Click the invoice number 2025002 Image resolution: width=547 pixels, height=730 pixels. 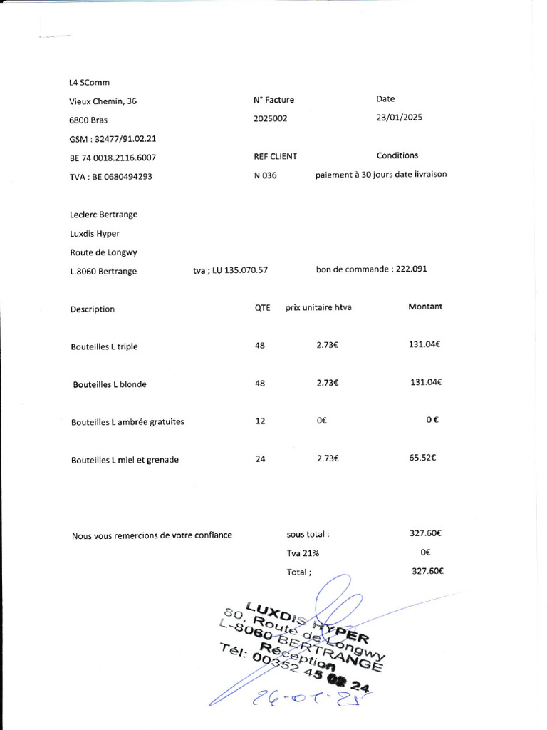(x=271, y=119)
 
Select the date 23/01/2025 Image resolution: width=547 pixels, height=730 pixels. (x=399, y=118)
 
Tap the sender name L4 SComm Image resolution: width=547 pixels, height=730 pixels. (x=90, y=83)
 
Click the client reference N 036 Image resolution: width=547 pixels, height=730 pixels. (x=265, y=176)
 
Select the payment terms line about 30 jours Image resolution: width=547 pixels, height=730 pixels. (x=381, y=174)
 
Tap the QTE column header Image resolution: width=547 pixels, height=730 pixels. (x=262, y=308)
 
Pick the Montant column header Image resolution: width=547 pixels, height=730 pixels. (x=424, y=307)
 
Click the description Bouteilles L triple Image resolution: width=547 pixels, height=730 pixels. (x=104, y=347)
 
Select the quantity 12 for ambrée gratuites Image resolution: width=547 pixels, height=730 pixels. (x=260, y=421)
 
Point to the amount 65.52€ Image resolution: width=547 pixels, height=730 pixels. (x=422, y=458)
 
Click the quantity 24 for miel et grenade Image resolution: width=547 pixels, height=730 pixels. (x=260, y=459)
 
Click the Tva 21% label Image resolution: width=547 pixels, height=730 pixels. (x=303, y=552)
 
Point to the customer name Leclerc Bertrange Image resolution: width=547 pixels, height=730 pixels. (x=104, y=215)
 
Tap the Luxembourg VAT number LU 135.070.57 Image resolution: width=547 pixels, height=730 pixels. (x=230, y=271)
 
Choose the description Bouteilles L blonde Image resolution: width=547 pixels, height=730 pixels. (x=110, y=384)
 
